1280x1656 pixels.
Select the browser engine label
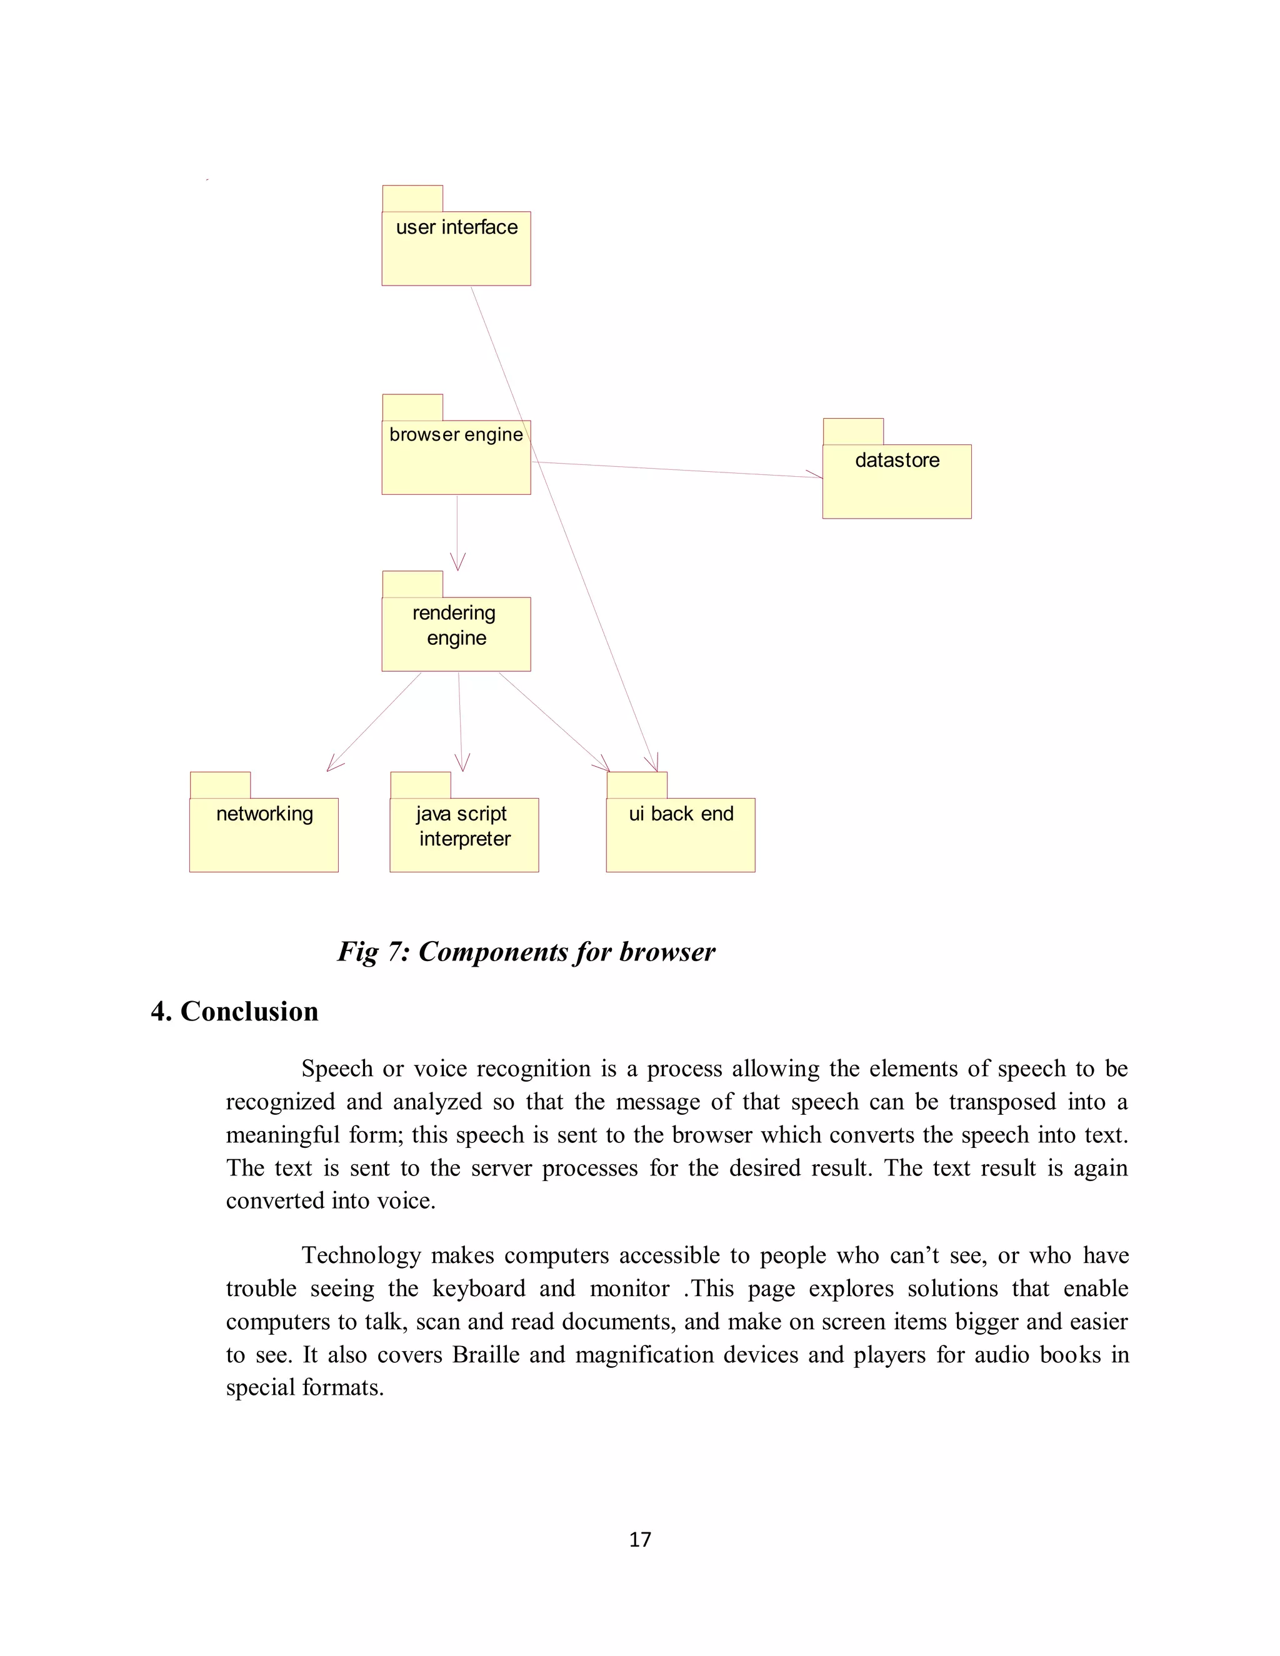(x=456, y=434)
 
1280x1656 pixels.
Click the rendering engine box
(x=456, y=633)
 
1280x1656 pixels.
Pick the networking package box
(x=263, y=834)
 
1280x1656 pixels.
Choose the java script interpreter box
(x=464, y=834)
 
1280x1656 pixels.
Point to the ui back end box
(x=680, y=834)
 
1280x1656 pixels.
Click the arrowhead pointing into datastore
(x=817, y=476)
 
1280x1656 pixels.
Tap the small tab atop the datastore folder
(x=852, y=431)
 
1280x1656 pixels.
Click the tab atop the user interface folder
(x=412, y=198)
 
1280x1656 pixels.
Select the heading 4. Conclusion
(x=234, y=1012)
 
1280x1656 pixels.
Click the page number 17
(x=639, y=1539)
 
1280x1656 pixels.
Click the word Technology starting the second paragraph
(x=361, y=1255)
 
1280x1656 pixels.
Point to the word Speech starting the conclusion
(x=337, y=1069)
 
